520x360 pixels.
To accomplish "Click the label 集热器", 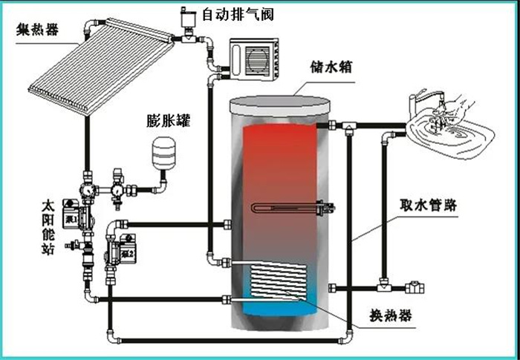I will pyautogui.click(x=37, y=30).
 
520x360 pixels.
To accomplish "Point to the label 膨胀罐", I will pyautogui.click(x=169, y=120).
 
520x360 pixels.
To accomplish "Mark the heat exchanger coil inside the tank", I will pyautogui.click(x=277, y=281).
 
